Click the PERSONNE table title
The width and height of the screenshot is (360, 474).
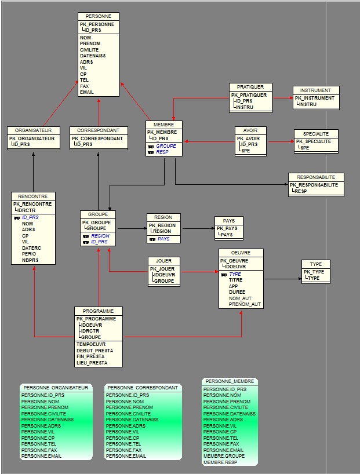coord(99,16)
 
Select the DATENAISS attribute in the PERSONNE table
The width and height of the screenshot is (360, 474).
coord(93,56)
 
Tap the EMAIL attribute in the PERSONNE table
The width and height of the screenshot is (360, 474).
coord(87,92)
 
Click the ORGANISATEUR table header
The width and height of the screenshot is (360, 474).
coord(33,130)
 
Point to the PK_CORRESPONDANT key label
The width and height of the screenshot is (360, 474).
coord(97,138)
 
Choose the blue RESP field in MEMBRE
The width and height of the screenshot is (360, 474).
coord(162,152)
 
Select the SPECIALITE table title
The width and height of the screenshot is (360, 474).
coord(316,134)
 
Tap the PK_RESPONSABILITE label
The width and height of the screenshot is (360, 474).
coord(314,185)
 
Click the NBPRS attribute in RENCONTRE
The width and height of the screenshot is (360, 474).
coord(30,260)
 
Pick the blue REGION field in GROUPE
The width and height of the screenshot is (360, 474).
coord(100,236)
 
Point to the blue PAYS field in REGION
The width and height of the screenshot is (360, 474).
coord(163,239)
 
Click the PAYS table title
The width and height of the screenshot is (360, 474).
coord(229,221)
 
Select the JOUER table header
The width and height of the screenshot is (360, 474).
coord(163,261)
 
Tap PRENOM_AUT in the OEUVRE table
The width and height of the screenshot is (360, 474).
coord(245,304)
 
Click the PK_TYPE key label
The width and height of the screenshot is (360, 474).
coord(314,272)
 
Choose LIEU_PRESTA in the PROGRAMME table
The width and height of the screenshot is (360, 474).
coord(92,363)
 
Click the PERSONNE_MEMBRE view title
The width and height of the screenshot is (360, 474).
coord(230,381)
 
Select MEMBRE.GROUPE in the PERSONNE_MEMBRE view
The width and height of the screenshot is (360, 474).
coord(224,456)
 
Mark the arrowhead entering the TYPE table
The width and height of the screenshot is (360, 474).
coord(300,278)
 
